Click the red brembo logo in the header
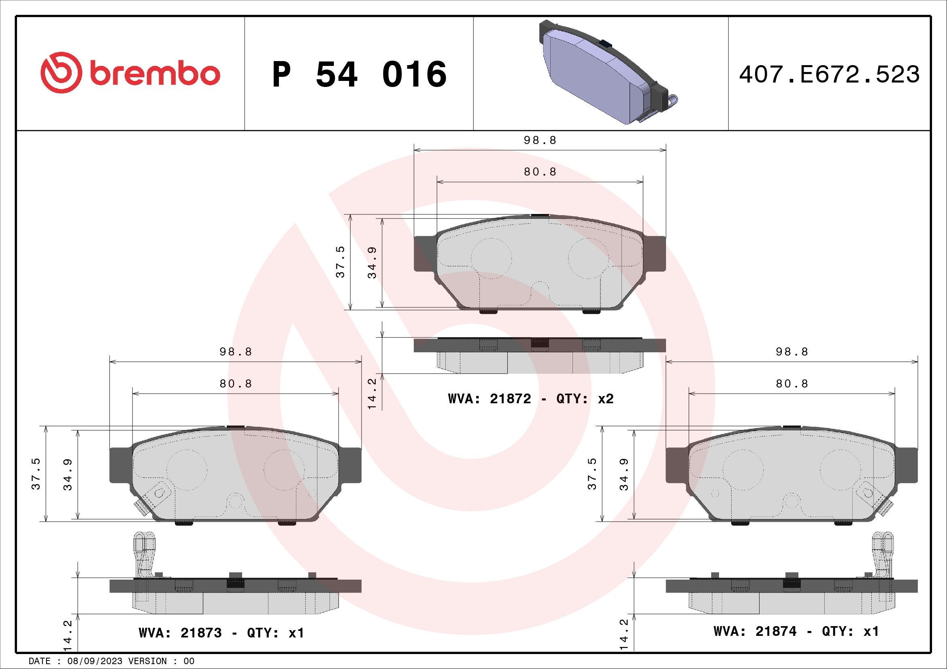(x=130, y=73)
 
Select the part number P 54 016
(x=359, y=74)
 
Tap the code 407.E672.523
(x=829, y=74)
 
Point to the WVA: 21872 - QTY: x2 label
(x=530, y=399)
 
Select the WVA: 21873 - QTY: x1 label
(x=221, y=633)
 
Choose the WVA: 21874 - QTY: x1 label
(x=796, y=631)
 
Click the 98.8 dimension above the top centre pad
(x=540, y=140)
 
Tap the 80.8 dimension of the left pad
(x=236, y=383)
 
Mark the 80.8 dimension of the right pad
(x=792, y=383)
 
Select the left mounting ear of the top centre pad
(x=425, y=253)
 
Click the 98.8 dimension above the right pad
(x=792, y=352)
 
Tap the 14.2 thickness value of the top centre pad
(x=372, y=394)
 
